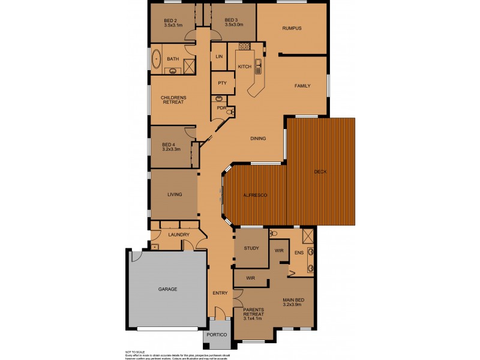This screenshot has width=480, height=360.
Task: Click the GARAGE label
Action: [167, 289]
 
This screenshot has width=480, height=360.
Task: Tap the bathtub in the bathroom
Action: [156, 59]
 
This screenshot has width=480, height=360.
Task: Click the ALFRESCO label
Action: [254, 196]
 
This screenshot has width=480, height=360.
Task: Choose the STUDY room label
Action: [251, 248]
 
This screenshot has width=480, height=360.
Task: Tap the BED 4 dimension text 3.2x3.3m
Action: [170, 149]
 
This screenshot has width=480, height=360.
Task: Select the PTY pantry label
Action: [222, 83]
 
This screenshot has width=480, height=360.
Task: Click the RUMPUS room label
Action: [292, 28]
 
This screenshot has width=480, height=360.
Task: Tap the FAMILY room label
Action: [302, 86]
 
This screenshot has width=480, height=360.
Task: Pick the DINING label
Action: [258, 139]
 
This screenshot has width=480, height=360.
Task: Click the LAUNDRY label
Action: [179, 235]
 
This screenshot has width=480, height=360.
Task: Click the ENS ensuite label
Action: [299, 253]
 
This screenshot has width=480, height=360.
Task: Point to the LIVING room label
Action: [175, 194]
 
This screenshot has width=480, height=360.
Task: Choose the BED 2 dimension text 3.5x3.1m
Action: [172, 25]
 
